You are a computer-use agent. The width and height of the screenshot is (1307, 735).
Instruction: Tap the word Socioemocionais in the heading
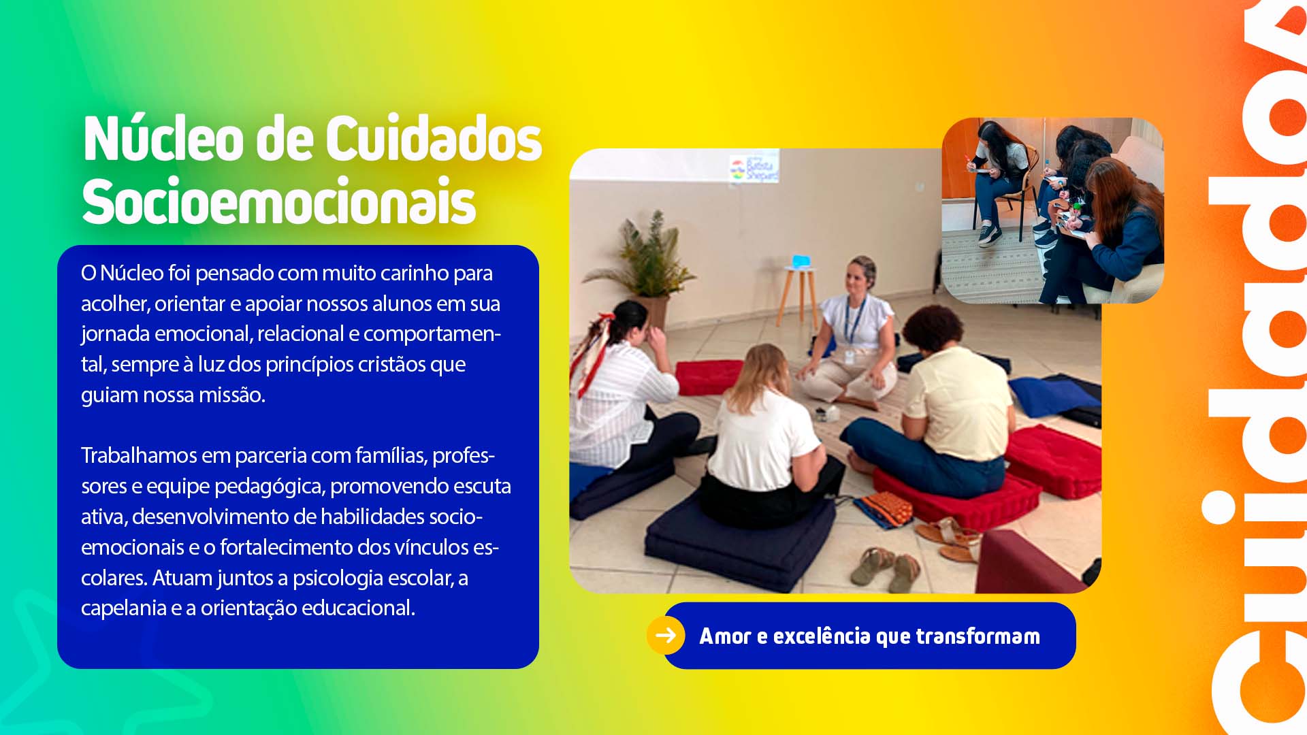coord(278,202)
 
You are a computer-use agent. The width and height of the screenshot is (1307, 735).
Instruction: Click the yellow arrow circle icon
coord(665,635)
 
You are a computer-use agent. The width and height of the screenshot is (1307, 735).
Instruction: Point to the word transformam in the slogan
coord(978,636)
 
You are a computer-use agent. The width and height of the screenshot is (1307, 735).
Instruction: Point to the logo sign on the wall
coord(754,168)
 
